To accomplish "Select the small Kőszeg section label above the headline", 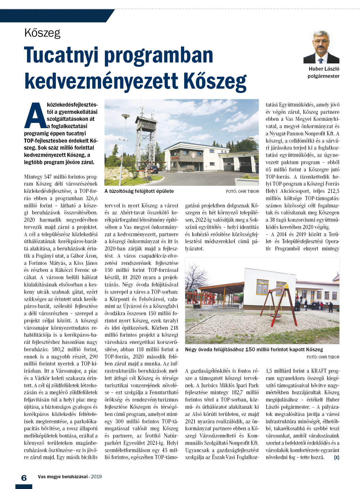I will pyautogui.click(x=42, y=33).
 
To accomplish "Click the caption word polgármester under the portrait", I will pyautogui.click(x=323, y=76).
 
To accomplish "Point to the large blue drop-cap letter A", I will pyautogui.click(x=35, y=116).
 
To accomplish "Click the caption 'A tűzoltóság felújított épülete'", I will pyautogui.click(x=139, y=191).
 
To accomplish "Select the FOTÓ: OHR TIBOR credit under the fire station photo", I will pyautogui.click(x=242, y=191).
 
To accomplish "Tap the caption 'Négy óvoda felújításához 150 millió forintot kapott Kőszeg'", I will pyautogui.click(x=254, y=350).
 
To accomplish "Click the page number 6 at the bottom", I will pyautogui.click(x=24, y=478).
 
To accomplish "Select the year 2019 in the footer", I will pyautogui.click(x=96, y=477).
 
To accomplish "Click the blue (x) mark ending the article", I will pyautogui.click(x=336, y=457).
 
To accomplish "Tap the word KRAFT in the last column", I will pyautogui.click(x=319, y=371).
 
